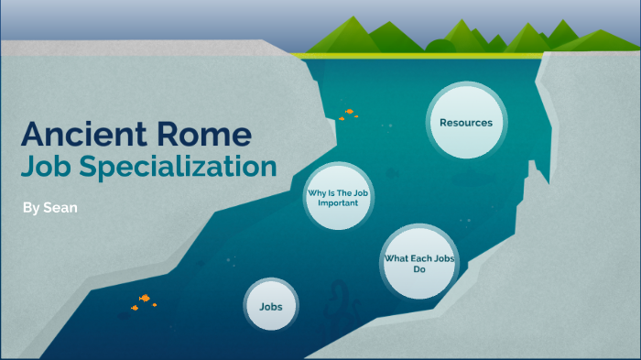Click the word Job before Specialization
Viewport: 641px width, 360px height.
pos(56,168)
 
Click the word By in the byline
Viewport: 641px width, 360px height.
pos(31,208)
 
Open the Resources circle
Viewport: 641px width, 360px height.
pos(465,123)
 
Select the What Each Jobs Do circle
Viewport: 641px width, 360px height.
pos(419,263)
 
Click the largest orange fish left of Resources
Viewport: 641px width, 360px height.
pos(349,113)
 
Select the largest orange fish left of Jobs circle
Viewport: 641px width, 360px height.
pos(144,299)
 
